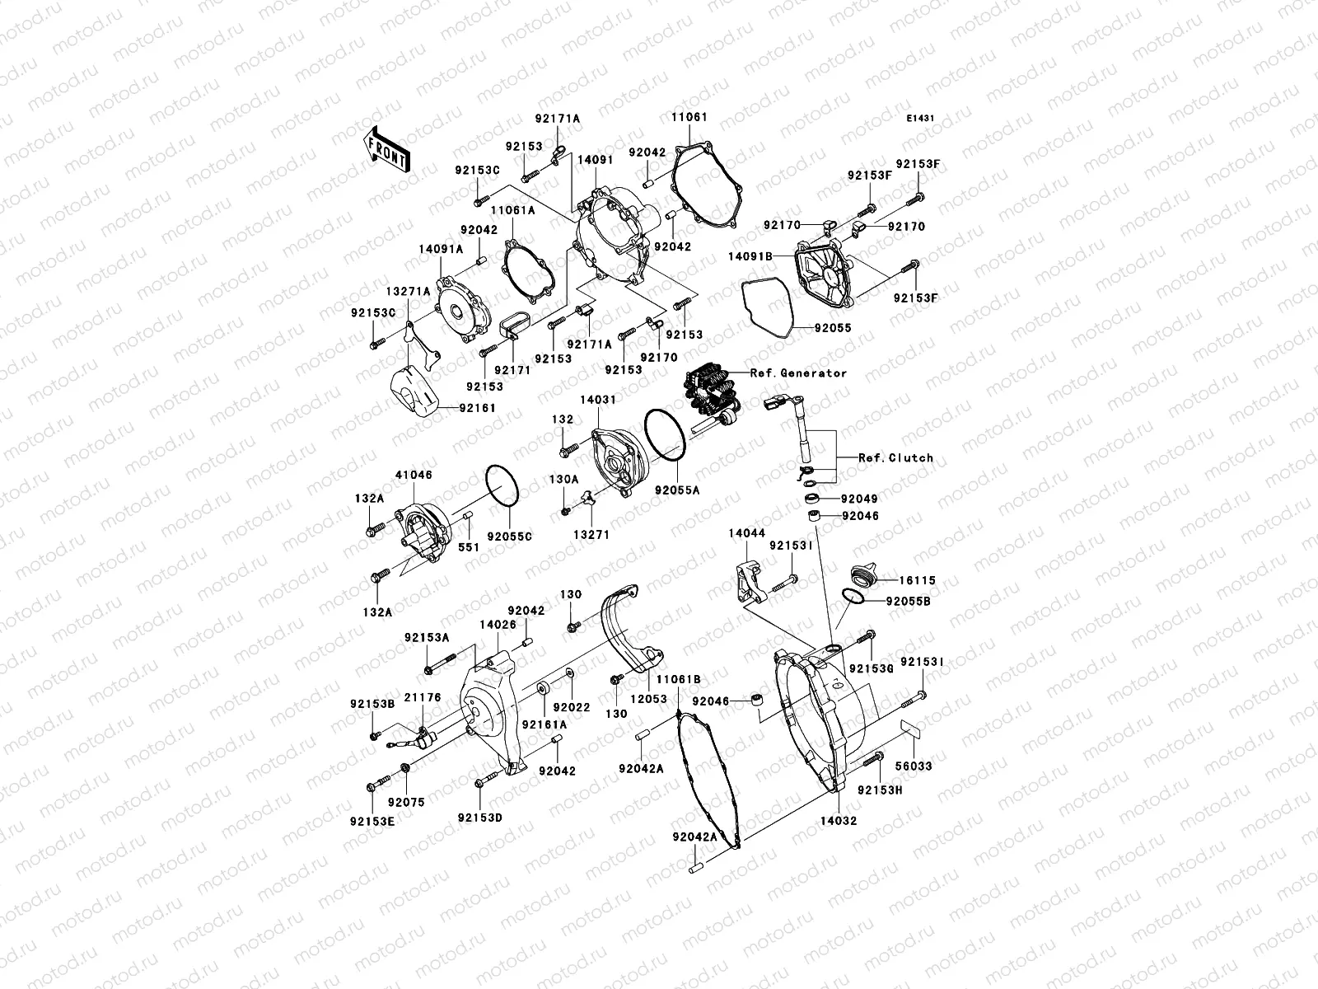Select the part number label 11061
[689, 119]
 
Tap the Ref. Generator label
[797, 373]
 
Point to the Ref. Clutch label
[895, 458]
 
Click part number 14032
[838, 821]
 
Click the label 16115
[917, 580]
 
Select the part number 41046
[413, 476]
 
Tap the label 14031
[597, 400]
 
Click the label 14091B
[750, 256]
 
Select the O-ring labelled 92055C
[502, 486]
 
